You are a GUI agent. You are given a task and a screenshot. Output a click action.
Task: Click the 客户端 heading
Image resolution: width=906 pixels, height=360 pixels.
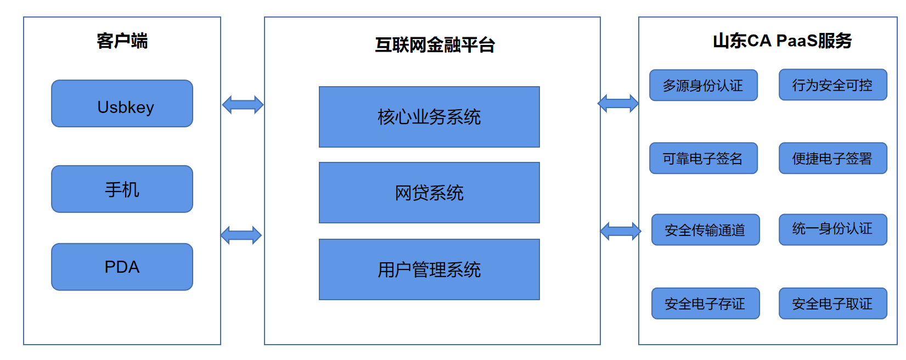tap(122, 41)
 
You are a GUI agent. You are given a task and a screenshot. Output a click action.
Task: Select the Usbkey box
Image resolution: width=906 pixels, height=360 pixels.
tap(122, 104)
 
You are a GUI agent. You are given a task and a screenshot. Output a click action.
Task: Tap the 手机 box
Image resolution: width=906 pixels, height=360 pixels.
tap(122, 189)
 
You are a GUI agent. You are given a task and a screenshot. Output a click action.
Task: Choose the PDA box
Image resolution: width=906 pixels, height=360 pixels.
tap(122, 267)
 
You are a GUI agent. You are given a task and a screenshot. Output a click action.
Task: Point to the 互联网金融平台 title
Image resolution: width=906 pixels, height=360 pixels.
tap(435, 45)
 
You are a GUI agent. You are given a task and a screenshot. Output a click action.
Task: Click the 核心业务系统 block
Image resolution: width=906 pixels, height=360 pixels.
tap(429, 117)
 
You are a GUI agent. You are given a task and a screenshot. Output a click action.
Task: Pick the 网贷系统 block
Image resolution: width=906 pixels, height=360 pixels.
tap(429, 193)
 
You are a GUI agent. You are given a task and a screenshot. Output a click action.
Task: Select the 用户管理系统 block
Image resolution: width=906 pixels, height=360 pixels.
tap(429, 269)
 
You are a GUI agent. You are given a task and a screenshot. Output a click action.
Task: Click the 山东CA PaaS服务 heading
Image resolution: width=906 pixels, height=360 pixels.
tap(782, 41)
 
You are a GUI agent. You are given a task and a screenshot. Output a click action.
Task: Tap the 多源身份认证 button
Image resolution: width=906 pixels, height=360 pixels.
tap(704, 85)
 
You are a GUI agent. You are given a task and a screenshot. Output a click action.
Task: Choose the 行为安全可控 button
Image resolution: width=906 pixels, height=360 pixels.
tap(833, 85)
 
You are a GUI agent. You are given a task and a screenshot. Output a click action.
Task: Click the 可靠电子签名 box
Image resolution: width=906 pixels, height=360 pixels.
tap(704, 158)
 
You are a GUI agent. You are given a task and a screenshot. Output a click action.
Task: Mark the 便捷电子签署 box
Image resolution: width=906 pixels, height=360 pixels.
tap(833, 158)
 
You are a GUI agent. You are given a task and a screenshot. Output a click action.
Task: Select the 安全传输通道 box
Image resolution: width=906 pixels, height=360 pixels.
tap(705, 230)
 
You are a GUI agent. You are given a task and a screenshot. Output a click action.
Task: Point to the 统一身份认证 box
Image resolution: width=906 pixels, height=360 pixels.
tap(833, 230)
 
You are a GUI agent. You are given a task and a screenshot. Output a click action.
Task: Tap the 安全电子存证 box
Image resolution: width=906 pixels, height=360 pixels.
tap(705, 303)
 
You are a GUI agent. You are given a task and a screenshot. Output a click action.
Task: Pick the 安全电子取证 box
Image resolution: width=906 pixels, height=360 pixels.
tap(833, 303)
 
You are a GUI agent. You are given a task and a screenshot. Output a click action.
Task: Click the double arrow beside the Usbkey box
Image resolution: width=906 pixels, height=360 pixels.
tap(243, 105)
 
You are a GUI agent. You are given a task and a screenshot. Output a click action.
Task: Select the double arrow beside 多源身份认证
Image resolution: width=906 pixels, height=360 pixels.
tap(618, 104)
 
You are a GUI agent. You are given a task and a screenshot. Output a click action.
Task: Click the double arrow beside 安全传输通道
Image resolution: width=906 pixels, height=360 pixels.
tap(621, 232)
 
